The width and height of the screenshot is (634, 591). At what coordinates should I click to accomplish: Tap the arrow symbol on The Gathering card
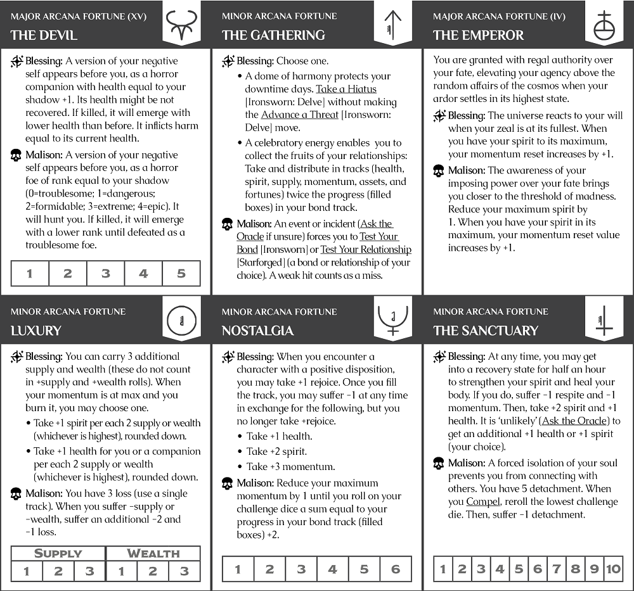tap(393, 24)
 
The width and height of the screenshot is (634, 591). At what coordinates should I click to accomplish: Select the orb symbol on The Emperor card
tap(604, 24)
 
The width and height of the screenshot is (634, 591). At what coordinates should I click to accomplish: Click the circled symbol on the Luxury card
tap(182, 321)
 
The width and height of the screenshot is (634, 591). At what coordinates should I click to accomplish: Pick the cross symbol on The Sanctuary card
tap(604, 321)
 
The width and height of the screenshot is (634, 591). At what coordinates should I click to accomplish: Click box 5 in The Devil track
tap(181, 274)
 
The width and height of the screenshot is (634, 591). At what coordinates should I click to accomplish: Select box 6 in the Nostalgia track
tap(396, 569)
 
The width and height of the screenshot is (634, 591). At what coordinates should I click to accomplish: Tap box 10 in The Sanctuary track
tap(613, 569)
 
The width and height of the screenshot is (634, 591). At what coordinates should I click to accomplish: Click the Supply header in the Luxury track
tap(58, 553)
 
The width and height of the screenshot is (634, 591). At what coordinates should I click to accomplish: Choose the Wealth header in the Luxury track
tap(153, 553)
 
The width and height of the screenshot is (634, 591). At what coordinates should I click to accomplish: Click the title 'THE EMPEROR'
tap(478, 35)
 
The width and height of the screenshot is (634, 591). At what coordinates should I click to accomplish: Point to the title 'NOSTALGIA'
tap(257, 330)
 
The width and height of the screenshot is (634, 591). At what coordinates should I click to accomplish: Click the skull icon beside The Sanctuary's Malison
tap(438, 464)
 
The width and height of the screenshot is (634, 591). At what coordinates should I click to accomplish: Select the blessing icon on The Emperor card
tap(439, 116)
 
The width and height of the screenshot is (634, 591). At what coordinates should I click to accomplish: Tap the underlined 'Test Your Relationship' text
tap(366, 250)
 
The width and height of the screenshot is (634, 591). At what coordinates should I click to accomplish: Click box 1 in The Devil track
tap(30, 274)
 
